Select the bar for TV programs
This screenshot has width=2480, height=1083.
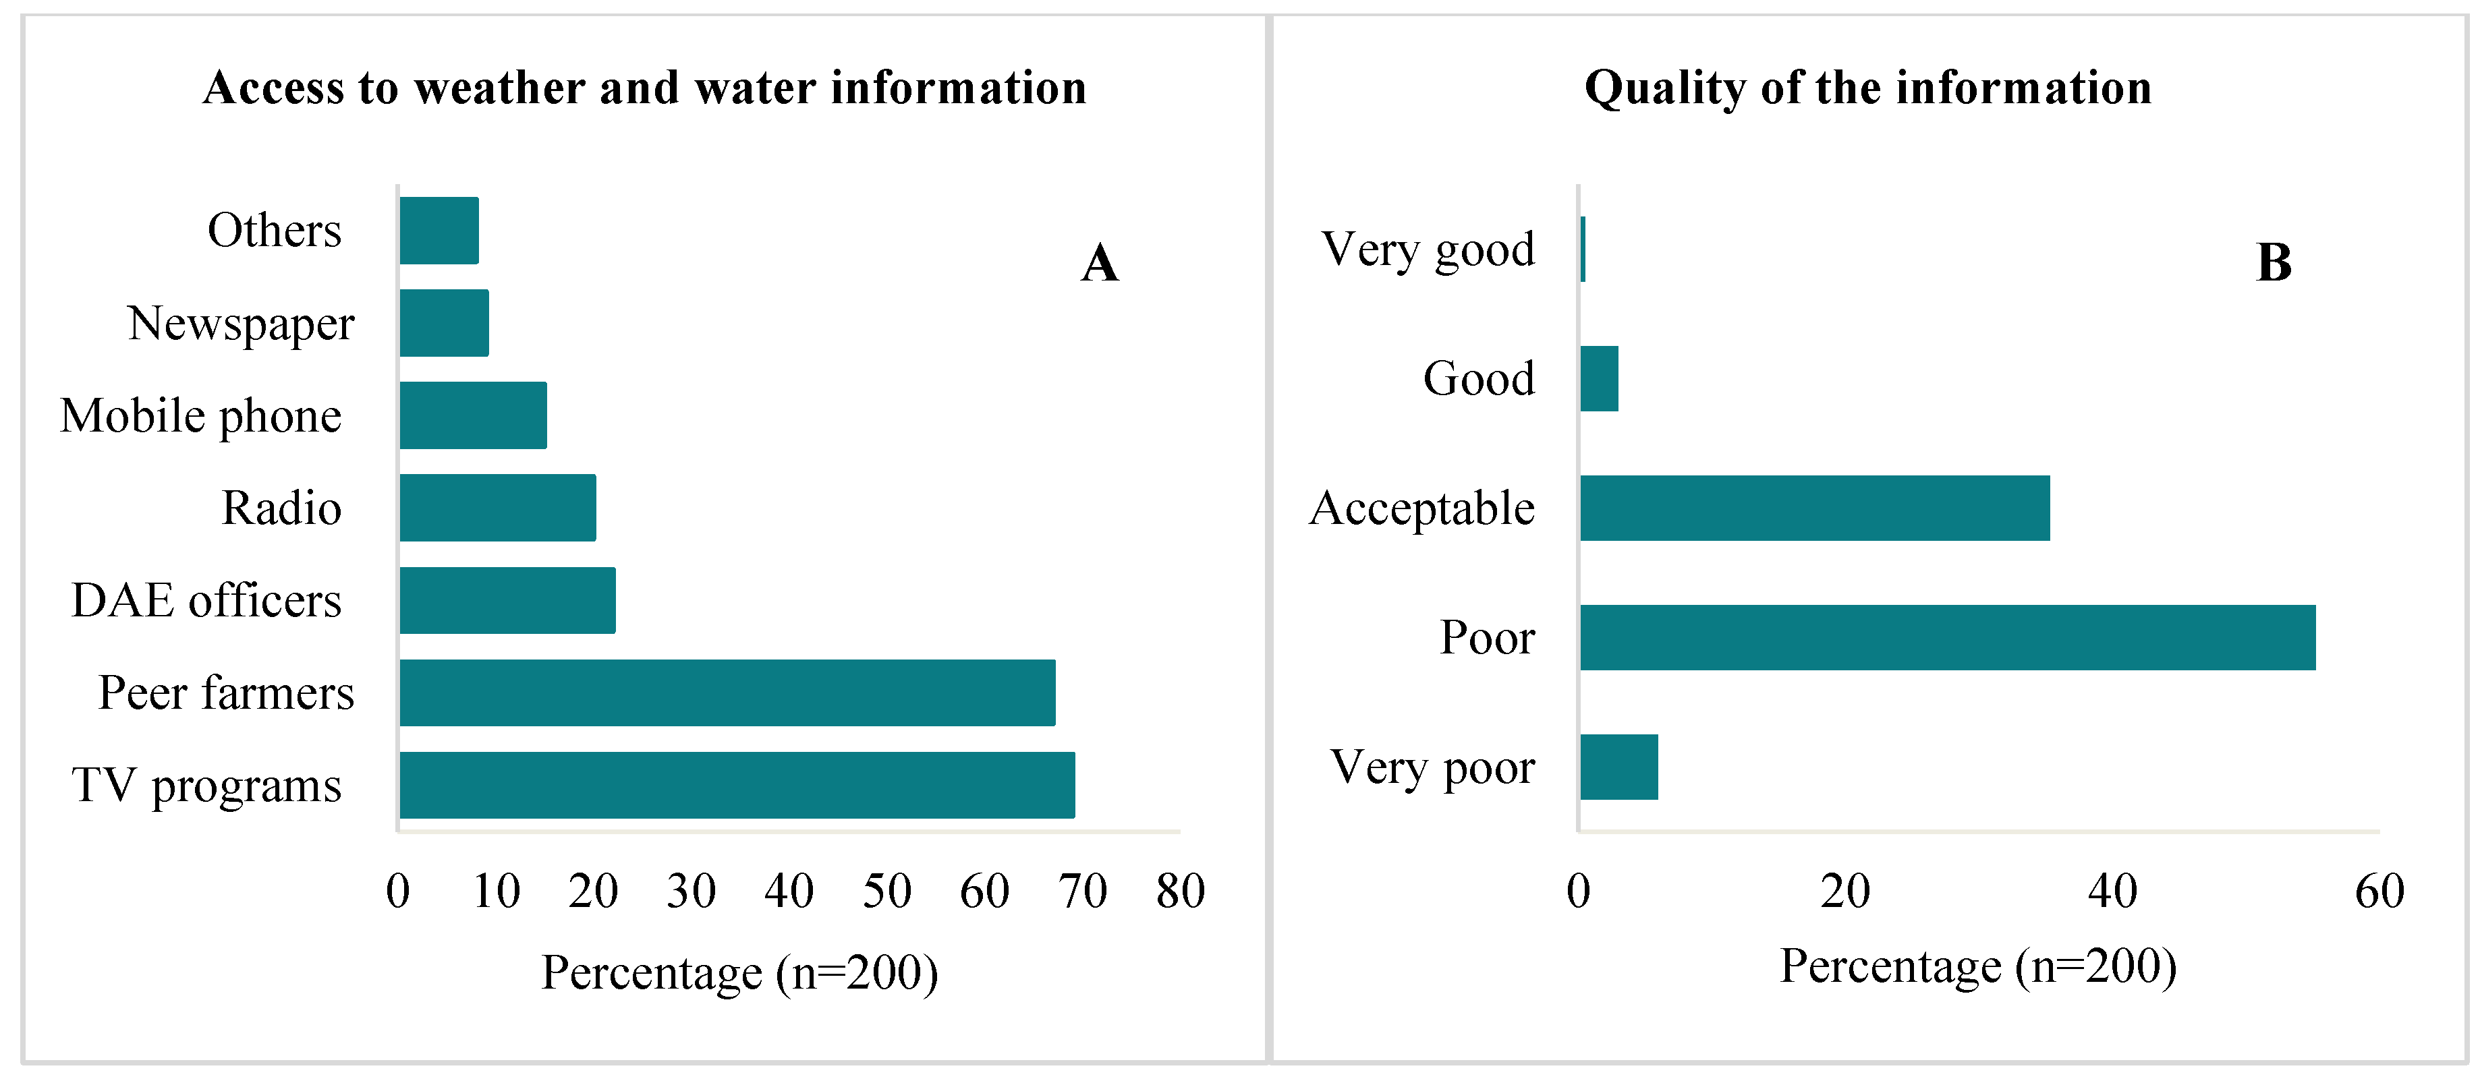click(x=737, y=784)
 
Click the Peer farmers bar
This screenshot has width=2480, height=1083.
click(x=727, y=692)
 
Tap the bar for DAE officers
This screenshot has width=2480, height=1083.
click(x=507, y=599)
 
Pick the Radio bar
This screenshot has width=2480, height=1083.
click(x=498, y=507)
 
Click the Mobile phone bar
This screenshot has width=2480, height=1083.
click(x=473, y=415)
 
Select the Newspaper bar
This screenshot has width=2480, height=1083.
click(x=444, y=322)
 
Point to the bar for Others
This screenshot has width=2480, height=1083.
click(x=439, y=230)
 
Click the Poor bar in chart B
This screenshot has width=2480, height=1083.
click(x=1946, y=637)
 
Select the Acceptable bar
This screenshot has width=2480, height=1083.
click(x=1814, y=507)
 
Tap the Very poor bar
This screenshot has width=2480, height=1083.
click(x=1618, y=767)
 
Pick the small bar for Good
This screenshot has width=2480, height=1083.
click(x=1599, y=378)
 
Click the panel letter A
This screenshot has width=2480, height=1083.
click(x=1100, y=263)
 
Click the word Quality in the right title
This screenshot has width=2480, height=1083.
click(x=1664, y=88)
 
